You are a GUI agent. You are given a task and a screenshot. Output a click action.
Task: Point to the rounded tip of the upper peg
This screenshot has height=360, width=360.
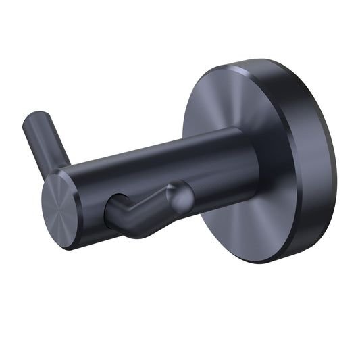(x=32, y=123)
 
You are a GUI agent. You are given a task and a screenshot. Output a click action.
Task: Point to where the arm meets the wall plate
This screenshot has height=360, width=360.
(x=253, y=162)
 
